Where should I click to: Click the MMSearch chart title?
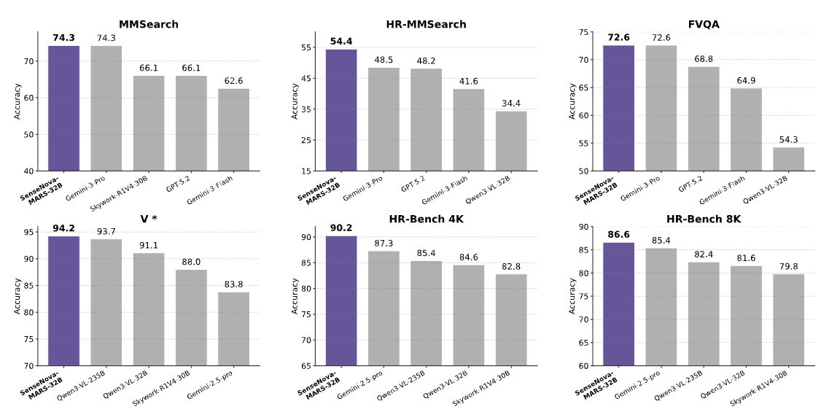149,24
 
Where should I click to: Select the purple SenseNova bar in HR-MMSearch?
340,110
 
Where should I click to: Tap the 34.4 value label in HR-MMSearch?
511,104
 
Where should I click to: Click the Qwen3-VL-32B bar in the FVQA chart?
789,159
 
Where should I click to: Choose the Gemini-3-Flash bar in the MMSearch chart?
233,130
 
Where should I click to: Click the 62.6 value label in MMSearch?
233,81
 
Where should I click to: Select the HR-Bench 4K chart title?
426,219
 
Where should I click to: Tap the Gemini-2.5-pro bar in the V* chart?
233,329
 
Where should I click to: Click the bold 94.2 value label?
63,228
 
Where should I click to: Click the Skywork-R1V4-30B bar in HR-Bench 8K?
789,319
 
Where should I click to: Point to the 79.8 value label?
789,266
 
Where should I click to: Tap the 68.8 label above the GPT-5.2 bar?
704,59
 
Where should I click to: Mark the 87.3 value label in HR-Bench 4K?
384,244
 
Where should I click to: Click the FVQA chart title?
704,24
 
